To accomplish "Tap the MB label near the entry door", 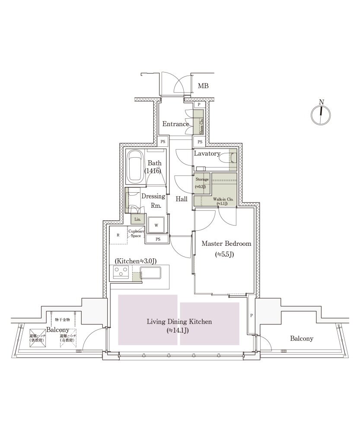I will click(203, 86).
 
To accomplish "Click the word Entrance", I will click(175, 124).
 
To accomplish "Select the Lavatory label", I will click(207, 154).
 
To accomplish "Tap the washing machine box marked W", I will click(156, 225).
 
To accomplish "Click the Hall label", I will click(182, 199).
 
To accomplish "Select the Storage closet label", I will click(202, 179).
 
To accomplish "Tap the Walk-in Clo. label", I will click(223, 199).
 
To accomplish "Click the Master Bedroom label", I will click(226, 244).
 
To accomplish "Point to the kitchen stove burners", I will click(121, 272).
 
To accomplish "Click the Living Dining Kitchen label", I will click(179, 322).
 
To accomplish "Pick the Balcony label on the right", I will click(302, 339).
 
